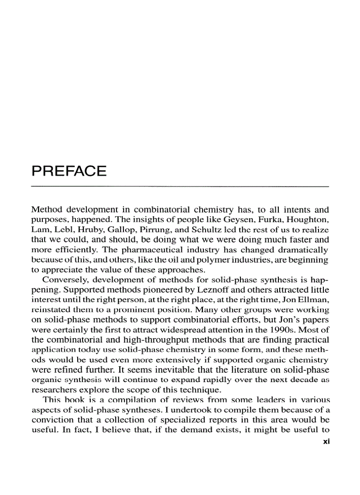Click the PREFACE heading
pos(69,171)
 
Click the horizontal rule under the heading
pos(180,187)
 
